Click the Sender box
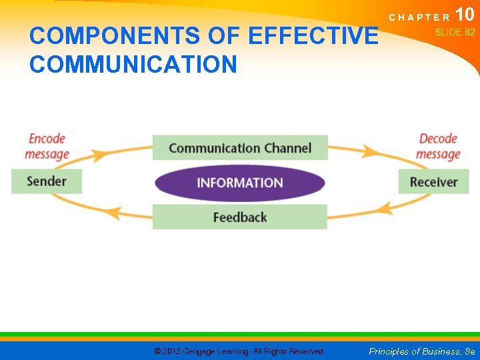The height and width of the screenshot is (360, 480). click(47, 181)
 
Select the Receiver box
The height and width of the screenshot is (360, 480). click(433, 182)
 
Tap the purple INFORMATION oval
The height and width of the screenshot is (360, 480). click(240, 183)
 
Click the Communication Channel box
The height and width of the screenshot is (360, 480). click(240, 148)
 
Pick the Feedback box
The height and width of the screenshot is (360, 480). click(240, 217)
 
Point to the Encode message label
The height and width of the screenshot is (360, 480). click(47, 147)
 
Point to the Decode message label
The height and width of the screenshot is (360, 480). click(438, 147)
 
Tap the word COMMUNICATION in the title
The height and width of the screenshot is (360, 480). click(133, 64)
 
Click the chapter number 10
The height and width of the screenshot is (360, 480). click(465, 15)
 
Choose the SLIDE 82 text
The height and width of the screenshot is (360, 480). click(455, 32)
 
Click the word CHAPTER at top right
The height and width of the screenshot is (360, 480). click(420, 17)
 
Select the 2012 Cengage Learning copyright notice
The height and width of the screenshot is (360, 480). click(239, 351)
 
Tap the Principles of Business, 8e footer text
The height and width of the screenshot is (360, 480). click(422, 351)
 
